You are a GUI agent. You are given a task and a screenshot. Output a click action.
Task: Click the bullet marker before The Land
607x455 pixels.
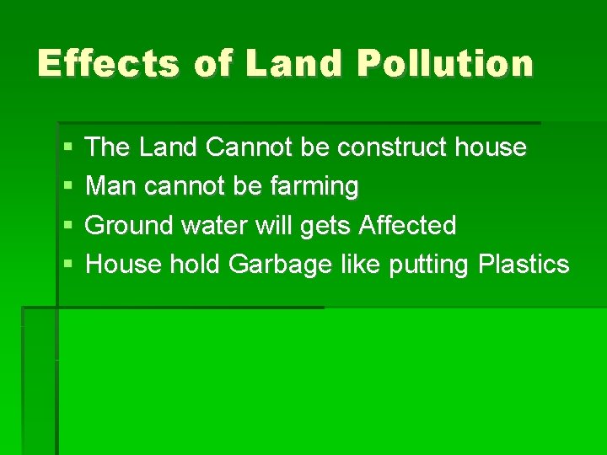[67, 148]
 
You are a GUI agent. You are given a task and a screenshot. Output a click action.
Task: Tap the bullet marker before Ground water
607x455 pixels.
[67, 226]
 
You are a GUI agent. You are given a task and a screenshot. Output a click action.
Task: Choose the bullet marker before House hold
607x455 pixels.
[67, 265]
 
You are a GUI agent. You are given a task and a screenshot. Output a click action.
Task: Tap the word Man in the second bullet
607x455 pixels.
[111, 186]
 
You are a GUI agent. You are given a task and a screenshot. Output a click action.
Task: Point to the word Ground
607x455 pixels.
[127, 225]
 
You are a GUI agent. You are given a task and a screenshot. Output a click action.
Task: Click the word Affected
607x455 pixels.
[407, 225]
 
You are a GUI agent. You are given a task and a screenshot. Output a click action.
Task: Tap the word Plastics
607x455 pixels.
[523, 264]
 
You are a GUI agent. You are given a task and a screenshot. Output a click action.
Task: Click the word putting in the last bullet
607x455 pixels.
[429, 265]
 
